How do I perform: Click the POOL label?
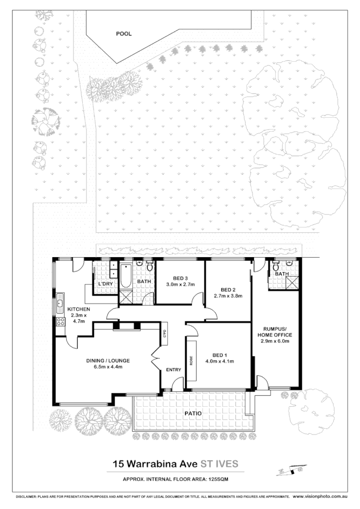tap(123, 34)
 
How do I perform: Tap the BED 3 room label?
tap(179, 278)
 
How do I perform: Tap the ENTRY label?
tap(173, 370)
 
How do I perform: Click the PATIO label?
tap(194, 413)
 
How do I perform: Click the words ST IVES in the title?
tap(220, 463)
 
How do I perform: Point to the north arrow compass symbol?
tap(289, 470)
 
